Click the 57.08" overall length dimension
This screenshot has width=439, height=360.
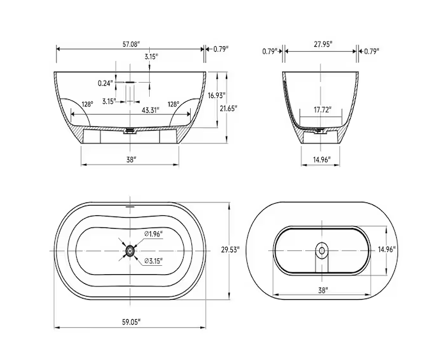131,44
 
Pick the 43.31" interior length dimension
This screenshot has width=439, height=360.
151,110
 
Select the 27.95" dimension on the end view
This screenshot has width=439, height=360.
321,44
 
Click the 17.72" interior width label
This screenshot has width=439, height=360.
322,110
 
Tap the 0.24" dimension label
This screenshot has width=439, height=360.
106,83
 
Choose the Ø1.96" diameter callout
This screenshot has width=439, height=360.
153,233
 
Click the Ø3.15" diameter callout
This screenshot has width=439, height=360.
153,261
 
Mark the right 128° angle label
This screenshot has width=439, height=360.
173,104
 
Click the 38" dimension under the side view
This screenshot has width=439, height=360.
131,160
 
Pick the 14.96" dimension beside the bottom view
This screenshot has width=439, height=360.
386,249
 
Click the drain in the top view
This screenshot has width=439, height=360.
130,250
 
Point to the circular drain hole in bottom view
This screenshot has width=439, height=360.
321,249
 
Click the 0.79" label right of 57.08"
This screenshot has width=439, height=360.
221,49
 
